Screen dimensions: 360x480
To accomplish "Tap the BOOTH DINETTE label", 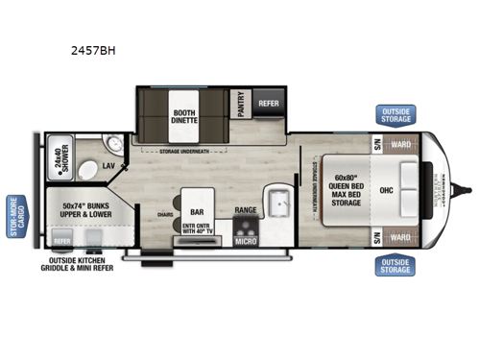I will pos(184,116).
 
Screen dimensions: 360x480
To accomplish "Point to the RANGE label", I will pos(245,209).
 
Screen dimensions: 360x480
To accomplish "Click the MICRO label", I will pos(246,241).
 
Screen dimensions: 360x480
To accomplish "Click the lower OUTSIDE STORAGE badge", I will pos(395,265).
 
